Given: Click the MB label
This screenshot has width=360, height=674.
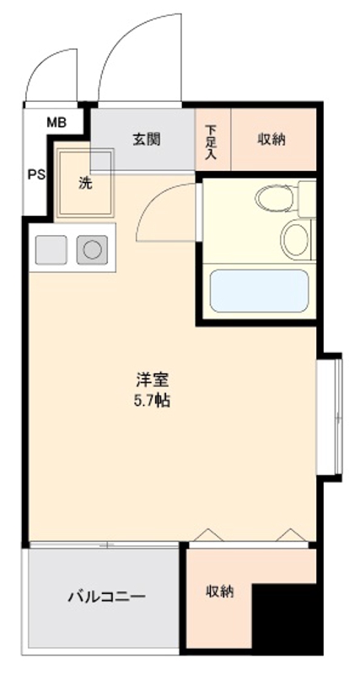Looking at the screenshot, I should point(56,123).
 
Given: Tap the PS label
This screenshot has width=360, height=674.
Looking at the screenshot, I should point(35,175).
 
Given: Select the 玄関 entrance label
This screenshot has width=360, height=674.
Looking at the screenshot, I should point(146,139).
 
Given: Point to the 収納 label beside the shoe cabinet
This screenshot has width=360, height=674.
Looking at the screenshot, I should point(271,139).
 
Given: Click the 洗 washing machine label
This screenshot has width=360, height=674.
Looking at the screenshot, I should point(85,184).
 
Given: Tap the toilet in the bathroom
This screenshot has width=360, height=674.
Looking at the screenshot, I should point(273,200).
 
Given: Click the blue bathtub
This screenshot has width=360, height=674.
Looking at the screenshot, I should point(257,291).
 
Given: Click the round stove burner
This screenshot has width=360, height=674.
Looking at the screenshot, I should point(92,250).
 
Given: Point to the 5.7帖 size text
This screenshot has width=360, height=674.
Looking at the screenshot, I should point(152,401).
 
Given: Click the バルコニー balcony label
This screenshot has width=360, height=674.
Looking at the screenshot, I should point(106,596).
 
